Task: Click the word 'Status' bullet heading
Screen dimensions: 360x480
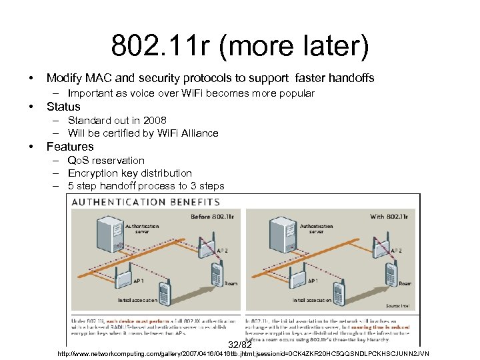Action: pyautogui.click(x=63, y=107)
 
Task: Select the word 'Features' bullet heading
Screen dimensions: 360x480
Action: pyautogui.click(x=70, y=147)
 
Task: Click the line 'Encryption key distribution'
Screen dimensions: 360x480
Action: pyautogui.click(x=130, y=173)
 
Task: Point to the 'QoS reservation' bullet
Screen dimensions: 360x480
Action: pyautogui.click(x=106, y=161)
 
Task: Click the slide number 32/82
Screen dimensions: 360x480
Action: pyautogui.click(x=240, y=345)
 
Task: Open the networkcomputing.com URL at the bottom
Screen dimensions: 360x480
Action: pyautogui.click(x=244, y=353)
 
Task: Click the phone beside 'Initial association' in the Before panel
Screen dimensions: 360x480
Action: pyautogui.click(x=165, y=292)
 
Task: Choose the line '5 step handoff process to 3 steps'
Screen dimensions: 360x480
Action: pyautogui.click(x=146, y=186)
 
